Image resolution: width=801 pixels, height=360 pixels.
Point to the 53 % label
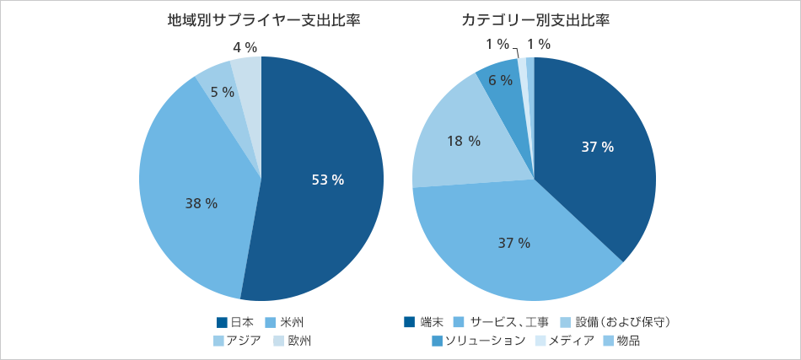tap(328, 180)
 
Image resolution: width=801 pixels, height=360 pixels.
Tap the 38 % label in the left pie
tap(202, 203)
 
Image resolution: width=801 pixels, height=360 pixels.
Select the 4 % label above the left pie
tap(245, 47)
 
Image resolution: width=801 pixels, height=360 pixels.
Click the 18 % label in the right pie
tap(463, 141)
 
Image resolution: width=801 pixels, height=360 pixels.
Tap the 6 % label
tap(500, 81)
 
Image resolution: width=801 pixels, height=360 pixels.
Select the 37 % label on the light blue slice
tap(513, 243)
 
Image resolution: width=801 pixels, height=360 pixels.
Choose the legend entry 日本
tap(236, 322)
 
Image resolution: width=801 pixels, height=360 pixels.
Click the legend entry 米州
tap(285, 322)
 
